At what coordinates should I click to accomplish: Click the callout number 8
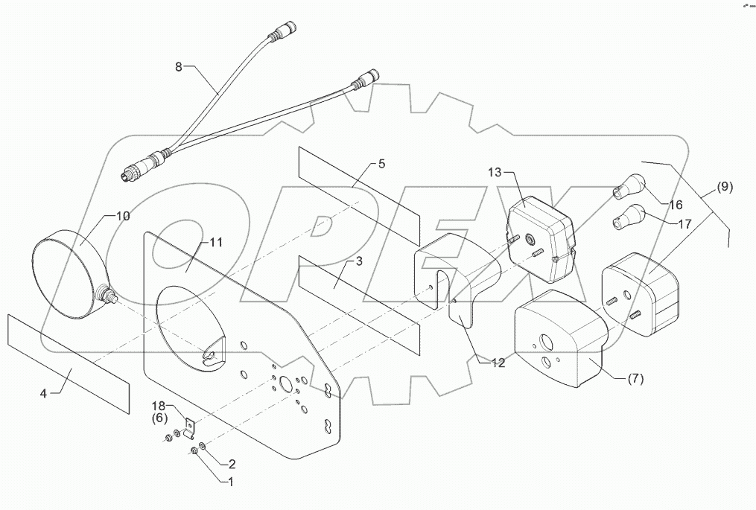(179, 66)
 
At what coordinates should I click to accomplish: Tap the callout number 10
(122, 216)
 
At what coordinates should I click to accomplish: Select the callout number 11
(216, 243)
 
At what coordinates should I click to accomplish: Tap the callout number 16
(676, 204)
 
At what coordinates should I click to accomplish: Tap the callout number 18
(161, 407)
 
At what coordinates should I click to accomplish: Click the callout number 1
(229, 482)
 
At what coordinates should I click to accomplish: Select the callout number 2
(232, 462)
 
